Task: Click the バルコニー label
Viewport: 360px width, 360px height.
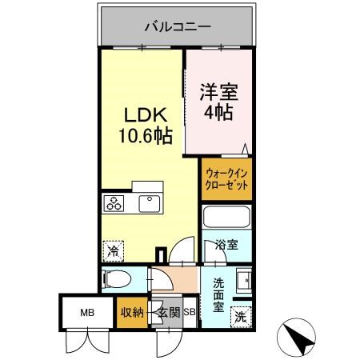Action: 178,26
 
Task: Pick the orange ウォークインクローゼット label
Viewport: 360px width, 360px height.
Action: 226,177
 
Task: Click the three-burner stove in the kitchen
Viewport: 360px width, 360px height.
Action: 113,204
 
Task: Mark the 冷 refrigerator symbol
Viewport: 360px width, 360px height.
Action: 113,251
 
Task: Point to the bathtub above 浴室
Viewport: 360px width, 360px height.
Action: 227,218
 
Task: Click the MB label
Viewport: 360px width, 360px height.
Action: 87,313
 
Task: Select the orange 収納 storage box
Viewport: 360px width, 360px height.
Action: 132,313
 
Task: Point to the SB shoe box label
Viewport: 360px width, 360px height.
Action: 190,313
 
